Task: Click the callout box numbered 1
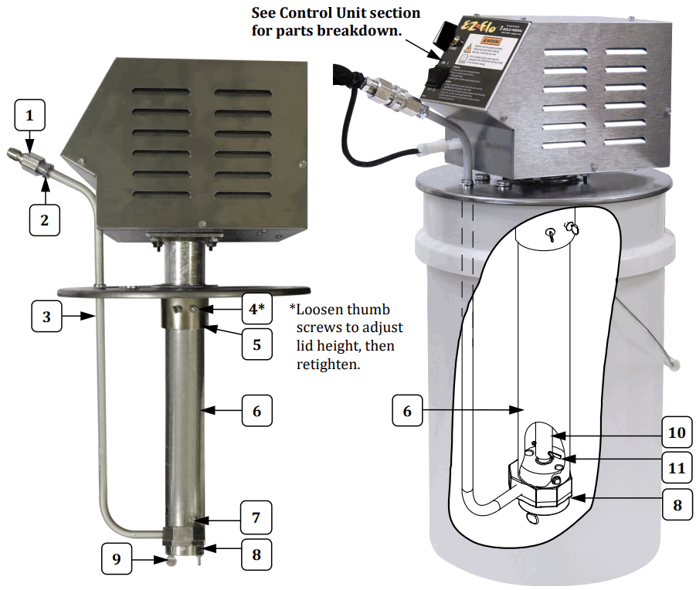(x=30, y=117)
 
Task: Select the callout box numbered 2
(x=45, y=219)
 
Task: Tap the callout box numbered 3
(x=47, y=316)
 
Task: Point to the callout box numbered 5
(x=256, y=344)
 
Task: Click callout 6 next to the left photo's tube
(x=256, y=411)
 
